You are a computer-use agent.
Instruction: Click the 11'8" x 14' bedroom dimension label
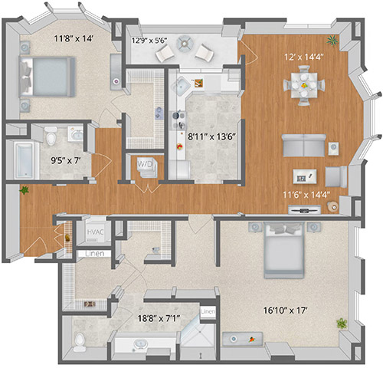click(x=74, y=39)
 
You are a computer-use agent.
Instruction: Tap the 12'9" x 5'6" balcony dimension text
click(x=149, y=41)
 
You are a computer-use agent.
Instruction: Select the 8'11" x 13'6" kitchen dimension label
click(x=211, y=136)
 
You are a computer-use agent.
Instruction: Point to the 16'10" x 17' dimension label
click(x=285, y=310)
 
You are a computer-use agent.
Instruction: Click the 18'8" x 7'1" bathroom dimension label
click(x=159, y=318)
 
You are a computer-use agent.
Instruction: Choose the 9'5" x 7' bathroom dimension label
click(x=66, y=160)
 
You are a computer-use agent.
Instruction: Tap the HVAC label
click(x=95, y=232)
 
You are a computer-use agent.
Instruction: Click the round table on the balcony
click(x=185, y=44)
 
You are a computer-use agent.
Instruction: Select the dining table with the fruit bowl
click(x=304, y=85)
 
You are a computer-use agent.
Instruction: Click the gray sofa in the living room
click(x=304, y=145)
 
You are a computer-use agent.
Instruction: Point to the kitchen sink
click(x=182, y=86)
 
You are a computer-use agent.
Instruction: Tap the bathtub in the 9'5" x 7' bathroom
click(x=24, y=160)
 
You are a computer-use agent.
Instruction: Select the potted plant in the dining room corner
click(x=332, y=40)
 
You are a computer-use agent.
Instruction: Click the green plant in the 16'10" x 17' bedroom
click(x=342, y=323)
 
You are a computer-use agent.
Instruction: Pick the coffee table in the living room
click(x=305, y=176)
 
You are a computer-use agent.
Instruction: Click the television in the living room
click(x=304, y=210)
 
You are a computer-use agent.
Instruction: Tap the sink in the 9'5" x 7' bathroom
click(x=77, y=134)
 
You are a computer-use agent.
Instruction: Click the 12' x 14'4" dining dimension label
click(x=304, y=57)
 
